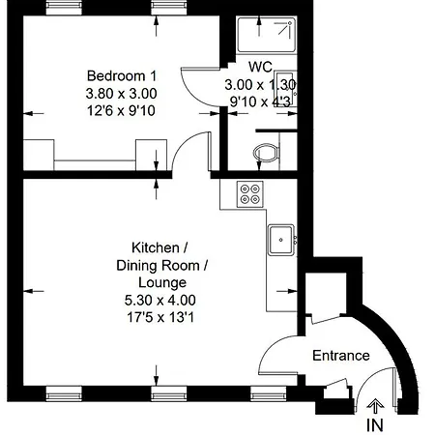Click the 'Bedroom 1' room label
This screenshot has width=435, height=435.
click(122, 76)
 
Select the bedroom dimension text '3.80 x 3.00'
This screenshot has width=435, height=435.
click(122, 94)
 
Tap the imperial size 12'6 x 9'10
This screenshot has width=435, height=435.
click(122, 110)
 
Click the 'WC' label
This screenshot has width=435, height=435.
click(259, 68)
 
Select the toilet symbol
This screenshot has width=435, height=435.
click(263, 153)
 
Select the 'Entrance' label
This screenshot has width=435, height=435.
click(340, 356)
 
